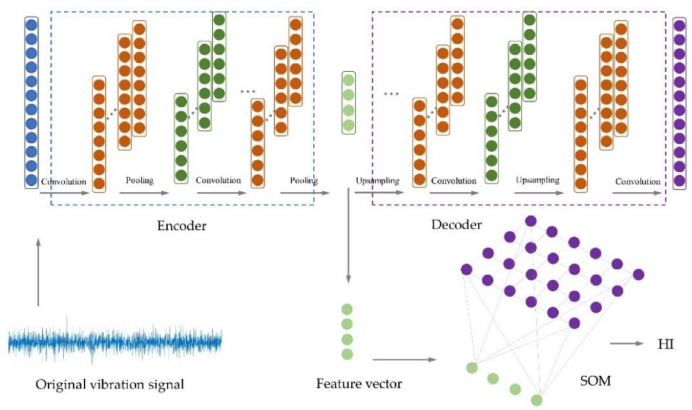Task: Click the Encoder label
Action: (x=182, y=226)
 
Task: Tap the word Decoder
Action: (x=456, y=225)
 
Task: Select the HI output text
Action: (x=666, y=344)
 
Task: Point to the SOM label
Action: (x=595, y=381)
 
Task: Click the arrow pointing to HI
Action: (x=627, y=344)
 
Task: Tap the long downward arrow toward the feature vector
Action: (x=348, y=235)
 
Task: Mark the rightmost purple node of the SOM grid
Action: (x=638, y=275)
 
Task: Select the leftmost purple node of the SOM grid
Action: (x=466, y=269)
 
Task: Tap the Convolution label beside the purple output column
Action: (x=638, y=181)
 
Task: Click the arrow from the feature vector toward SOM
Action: (x=404, y=360)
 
